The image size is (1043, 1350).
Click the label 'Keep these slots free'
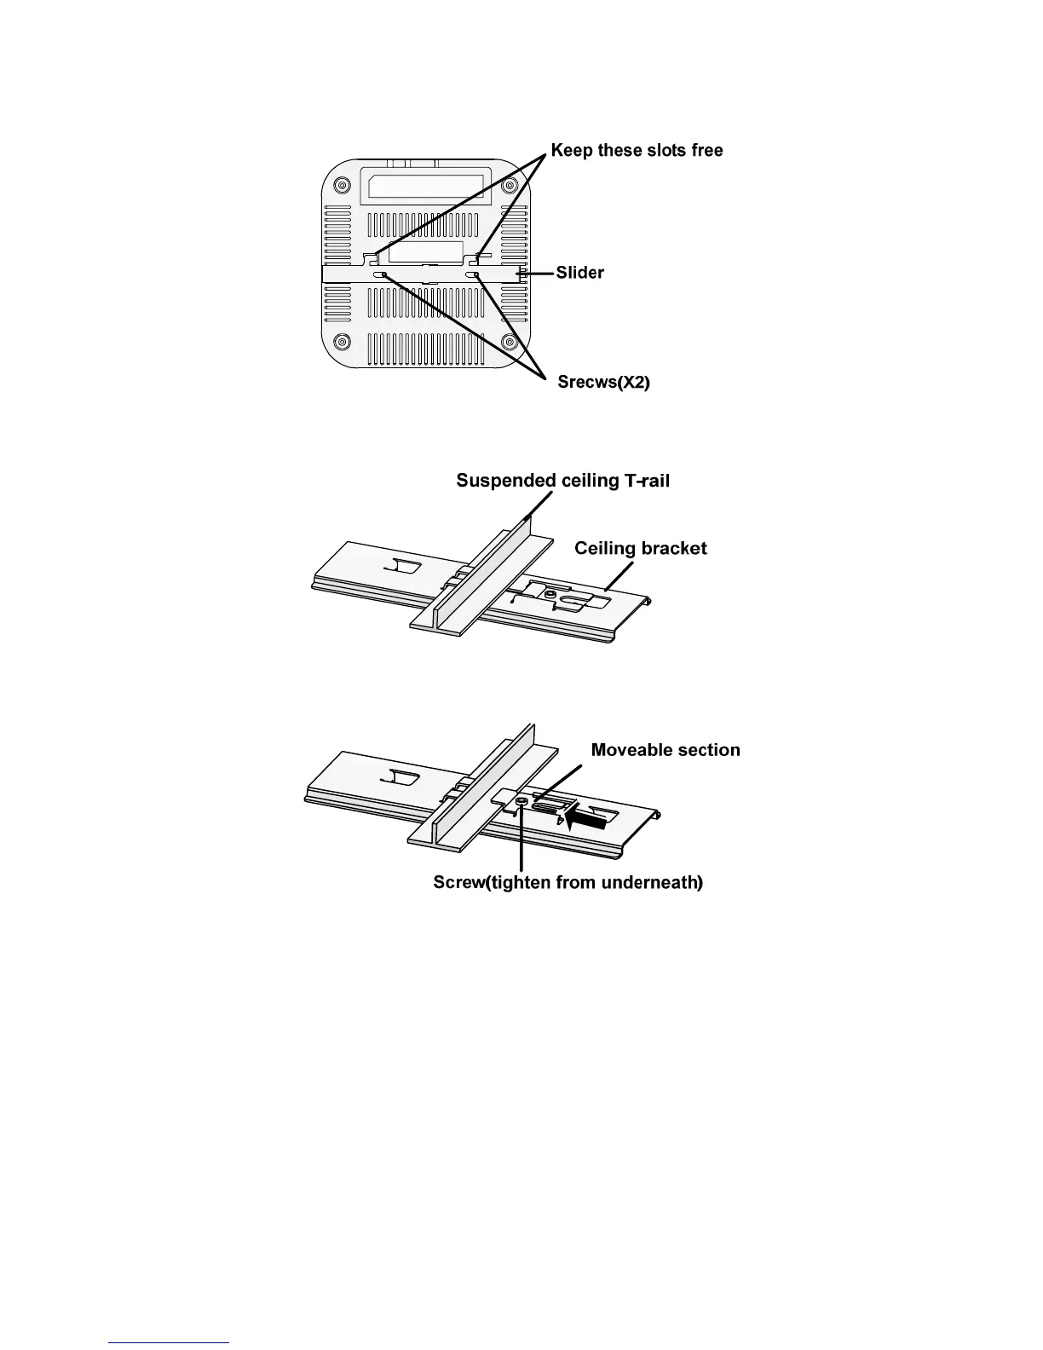[x=637, y=150]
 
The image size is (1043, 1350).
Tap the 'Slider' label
[x=579, y=273]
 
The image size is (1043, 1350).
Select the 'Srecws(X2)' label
[x=604, y=382]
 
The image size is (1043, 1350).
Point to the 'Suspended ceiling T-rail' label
[x=562, y=480]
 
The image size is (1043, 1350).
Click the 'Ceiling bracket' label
[x=641, y=548]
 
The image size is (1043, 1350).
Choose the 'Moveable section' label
[x=666, y=750]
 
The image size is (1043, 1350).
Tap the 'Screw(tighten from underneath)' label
[x=568, y=882]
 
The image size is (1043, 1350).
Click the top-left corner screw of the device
[x=342, y=185]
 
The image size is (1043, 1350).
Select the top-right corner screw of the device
[x=510, y=185]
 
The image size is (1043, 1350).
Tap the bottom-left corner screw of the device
[x=342, y=342]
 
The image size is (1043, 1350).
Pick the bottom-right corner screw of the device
[x=510, y=342]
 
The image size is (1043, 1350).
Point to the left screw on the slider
[x=379, y=274]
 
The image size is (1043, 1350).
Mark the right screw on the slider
[x=473, y=274]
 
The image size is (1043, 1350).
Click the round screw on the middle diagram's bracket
[x=550, y=595]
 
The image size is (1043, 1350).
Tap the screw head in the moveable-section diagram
[x=521, y=803]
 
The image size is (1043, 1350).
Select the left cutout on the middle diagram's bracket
[x=404, y=566]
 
